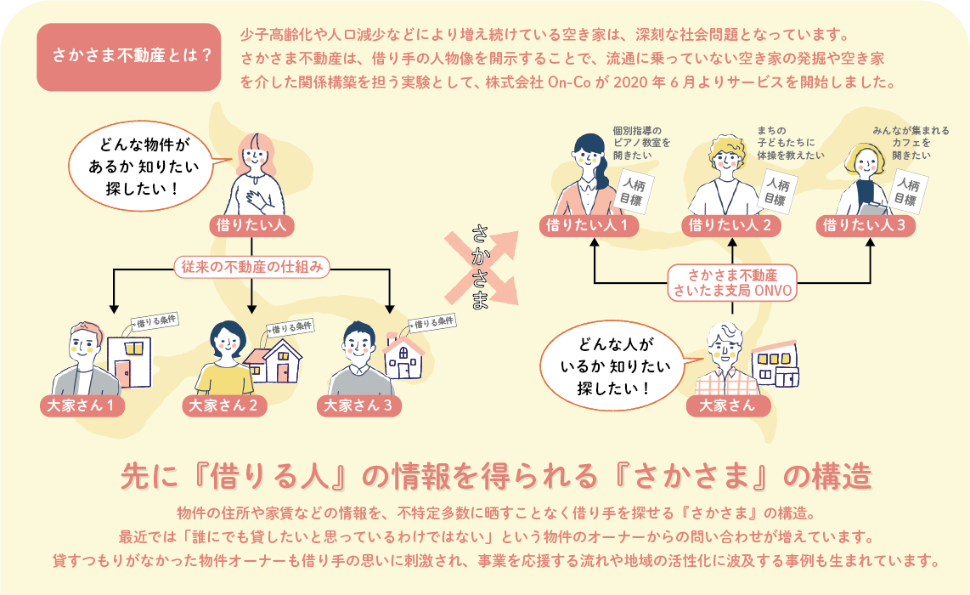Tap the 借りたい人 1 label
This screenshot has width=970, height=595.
(587, 225)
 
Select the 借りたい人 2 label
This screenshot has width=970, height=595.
(730, 225)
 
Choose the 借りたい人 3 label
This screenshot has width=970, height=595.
(866, 225)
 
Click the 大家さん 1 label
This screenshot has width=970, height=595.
(82, 405)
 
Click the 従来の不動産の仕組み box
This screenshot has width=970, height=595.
(251, 267)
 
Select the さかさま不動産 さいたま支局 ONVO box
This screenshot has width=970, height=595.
(732, 282)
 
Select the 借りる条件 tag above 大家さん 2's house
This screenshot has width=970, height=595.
(290, 326)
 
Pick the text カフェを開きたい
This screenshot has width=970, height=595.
(911, 144)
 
